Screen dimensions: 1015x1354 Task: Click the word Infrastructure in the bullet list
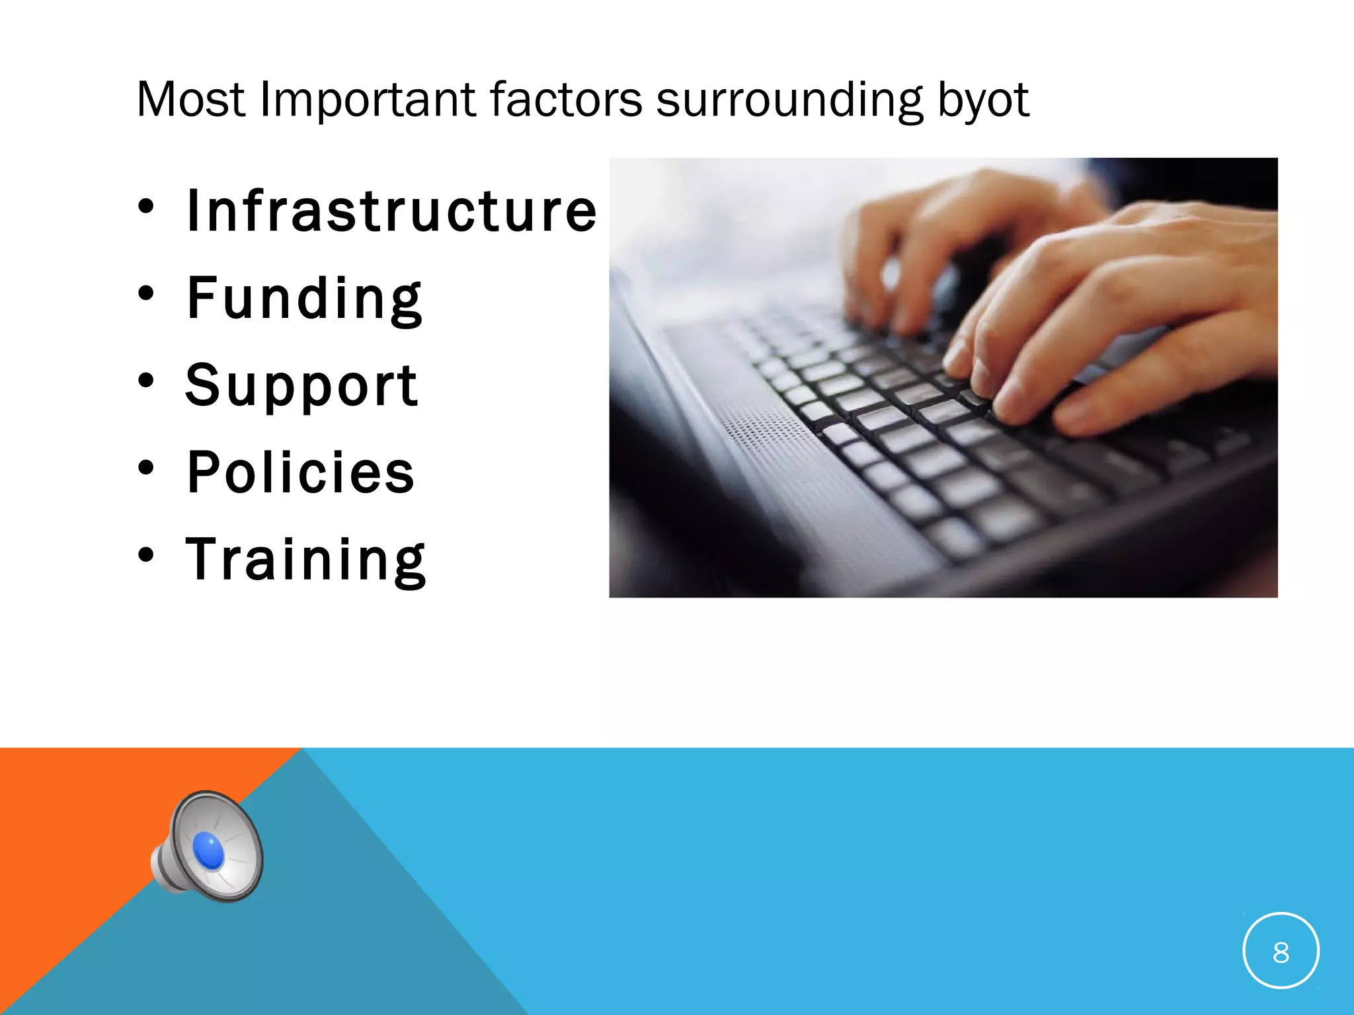[x=391, y=211]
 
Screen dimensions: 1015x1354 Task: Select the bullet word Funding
[x=304, y=299]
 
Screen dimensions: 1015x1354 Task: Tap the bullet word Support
[x=301, y=386]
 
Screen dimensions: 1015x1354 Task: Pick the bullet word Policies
[x=301, y=472]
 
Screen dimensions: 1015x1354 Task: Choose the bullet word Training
[x=306, y=560]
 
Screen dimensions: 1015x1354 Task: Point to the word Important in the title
[x=368, y=100]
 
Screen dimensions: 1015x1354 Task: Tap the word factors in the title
[x=565, y=100]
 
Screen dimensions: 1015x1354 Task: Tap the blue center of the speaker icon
[x=209, y=850]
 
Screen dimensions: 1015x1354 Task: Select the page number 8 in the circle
[x=1281, y=952]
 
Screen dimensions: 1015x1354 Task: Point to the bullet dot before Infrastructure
[x=146, y=206]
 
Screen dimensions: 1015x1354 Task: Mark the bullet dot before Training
[x=146, y=555]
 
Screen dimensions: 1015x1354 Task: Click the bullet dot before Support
[x=146, y=381]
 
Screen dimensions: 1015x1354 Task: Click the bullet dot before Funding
[x=146, y=293]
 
